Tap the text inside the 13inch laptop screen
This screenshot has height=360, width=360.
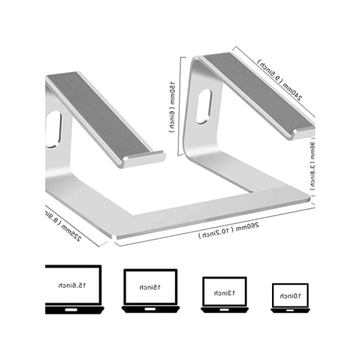(224, 293)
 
